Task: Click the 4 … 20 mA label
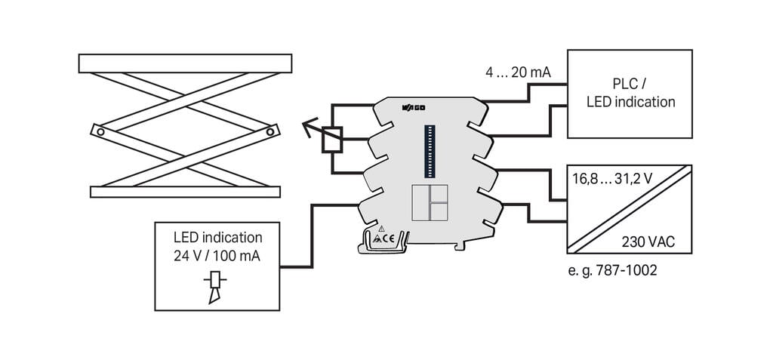[x=518, y=73]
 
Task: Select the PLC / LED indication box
[x=630, y=94]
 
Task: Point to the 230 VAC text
[x=647, y=242]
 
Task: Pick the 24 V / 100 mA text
[x=218, y=256]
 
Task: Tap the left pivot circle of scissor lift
[x=98, y=131]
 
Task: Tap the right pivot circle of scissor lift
[x=271, y=131]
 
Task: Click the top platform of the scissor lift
[x=184, y=63]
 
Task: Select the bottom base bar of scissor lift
[x=185, y=191]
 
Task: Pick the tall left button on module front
[x=419, y=202]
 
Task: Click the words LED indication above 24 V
[x=218, y=237]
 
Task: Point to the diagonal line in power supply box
[x=629, y=211]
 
